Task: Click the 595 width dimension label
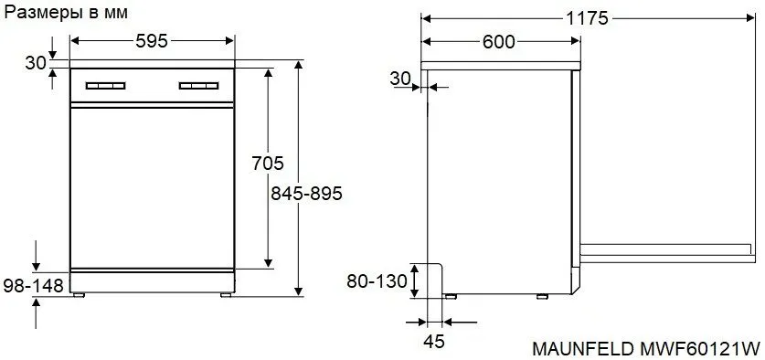[x=151, y=41]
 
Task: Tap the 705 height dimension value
[x=268, y=163]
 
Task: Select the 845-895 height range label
[x=306, y=194]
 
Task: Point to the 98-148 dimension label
[x=33, y=285]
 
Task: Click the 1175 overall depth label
[x=588, y=18]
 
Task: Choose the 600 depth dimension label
[x=499, y=42]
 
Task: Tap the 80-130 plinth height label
[x=377, y=281]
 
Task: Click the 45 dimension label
[x=434, y=342]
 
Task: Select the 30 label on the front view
[x=36, y=63]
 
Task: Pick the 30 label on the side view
[x=400, y=79]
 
